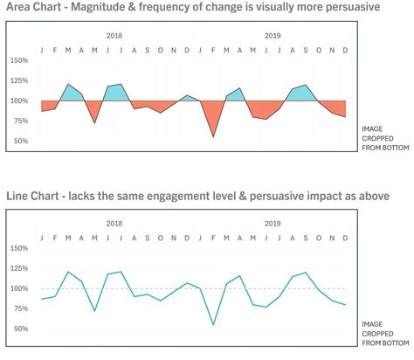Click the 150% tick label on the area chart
[20, 61]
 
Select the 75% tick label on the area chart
[20, 121]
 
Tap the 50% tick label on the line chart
[20, 329]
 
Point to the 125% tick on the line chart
[20, 268]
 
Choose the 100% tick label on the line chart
[20, 288]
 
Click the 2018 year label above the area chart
[114, 36]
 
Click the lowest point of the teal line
[212, 324]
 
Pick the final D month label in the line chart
[345, 238]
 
